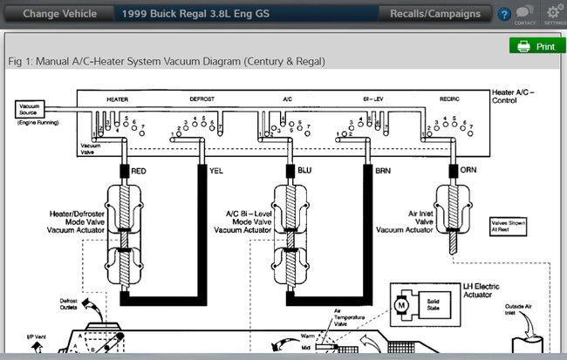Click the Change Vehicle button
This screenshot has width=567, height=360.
coord(58,14)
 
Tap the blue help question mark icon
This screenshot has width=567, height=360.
coord(504,15)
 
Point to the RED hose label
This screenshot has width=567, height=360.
coord(139,171)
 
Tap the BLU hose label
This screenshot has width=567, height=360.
coord(305,171)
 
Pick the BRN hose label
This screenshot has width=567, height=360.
coord(384,171)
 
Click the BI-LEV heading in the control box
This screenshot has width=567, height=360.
coord(373,98)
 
